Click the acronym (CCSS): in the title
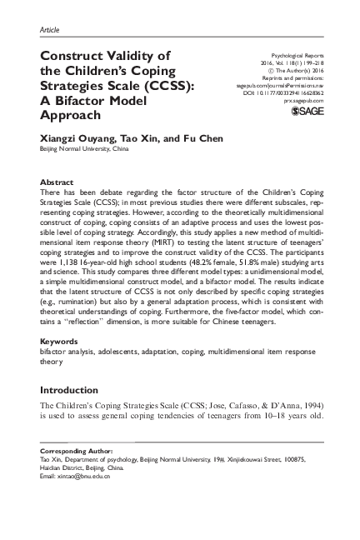click(170, 86)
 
